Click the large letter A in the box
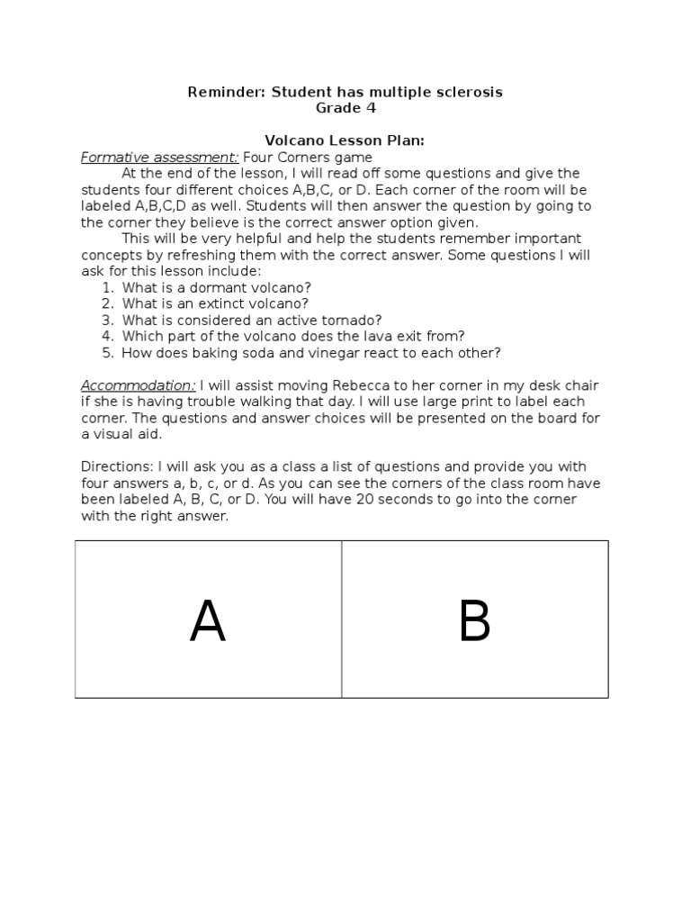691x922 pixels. [x=207, y=621]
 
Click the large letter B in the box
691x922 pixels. [x=474, y=621]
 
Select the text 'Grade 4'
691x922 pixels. [x=345, y=108]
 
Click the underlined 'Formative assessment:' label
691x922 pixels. [x=159, y=158]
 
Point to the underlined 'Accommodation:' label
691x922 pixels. [x=138, y=385]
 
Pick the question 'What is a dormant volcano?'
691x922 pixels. [x=217, y=287]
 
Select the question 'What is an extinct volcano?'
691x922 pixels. [x=217, y=303]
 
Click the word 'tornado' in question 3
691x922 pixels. [x=354, y=320]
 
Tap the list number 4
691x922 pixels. [x=107, y=336]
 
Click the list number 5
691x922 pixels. [x=107, y=352]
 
